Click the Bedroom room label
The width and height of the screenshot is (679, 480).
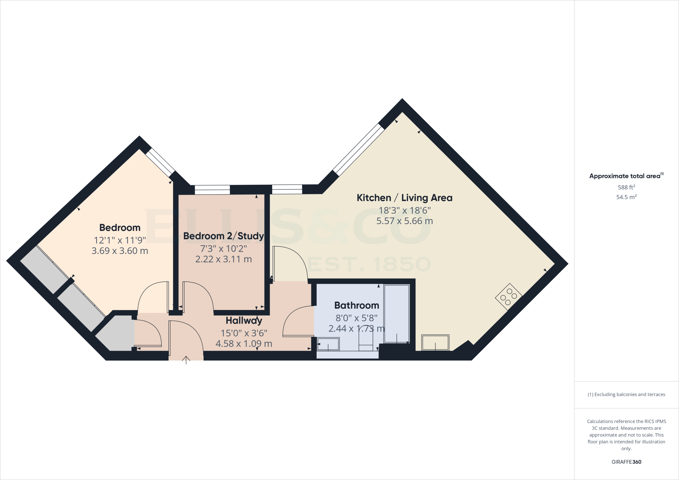point(120,228)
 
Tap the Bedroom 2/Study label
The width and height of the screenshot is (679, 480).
point(223,236)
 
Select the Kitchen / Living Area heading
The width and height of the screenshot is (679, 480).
point(404,198)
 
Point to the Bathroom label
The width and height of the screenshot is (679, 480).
point(356,305)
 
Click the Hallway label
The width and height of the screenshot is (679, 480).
point(244,321)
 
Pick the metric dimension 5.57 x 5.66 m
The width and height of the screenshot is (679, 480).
point(404,221)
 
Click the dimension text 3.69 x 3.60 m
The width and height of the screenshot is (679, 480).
point(120,251)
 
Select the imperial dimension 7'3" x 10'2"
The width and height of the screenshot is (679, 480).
point(223,249)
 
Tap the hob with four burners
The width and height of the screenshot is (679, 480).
point(509,297)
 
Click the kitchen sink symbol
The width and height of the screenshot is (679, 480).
point(435,342)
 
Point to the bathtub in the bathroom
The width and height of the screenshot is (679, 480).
point(397,314)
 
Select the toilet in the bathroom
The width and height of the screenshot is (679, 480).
point(366,341)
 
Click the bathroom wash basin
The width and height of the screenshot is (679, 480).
point(328,344)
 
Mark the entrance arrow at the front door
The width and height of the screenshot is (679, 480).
point(186,360)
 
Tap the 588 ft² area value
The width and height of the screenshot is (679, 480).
point(626,187)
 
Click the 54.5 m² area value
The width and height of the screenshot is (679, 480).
point(626,197)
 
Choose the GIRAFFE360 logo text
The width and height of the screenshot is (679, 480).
point(626,462)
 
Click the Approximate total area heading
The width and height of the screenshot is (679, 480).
point(625,176)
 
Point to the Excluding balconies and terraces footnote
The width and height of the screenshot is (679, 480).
point(626,394)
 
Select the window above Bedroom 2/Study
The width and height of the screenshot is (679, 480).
point(212,190)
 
